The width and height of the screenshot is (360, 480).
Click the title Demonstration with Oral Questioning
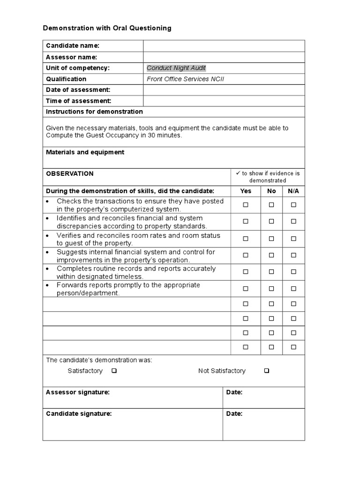coord(107,28)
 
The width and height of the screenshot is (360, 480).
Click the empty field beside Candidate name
coord(224,45)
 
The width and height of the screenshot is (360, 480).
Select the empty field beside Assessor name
coord(224,57)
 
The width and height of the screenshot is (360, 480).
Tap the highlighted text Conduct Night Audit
coord(176,68)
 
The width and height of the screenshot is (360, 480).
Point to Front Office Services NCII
coord(186,79)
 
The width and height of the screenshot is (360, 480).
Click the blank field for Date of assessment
coord(224,90)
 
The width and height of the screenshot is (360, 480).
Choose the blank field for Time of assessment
coord(224,101)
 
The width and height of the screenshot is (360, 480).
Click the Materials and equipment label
coord(85,152)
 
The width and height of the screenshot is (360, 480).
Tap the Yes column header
coord(246,191)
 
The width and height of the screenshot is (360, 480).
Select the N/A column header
coord(293,191)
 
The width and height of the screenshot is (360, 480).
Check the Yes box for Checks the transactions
coord(246,205)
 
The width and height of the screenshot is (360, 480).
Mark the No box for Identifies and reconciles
coord(271,222)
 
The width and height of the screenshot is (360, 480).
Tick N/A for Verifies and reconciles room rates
coord(293,239)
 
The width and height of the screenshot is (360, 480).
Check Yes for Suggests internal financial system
coord(246,255)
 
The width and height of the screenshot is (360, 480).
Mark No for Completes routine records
coord(271,272)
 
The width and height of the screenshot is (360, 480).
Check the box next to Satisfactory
coord(114,371)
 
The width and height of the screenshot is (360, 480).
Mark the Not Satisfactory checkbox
coord(266,371)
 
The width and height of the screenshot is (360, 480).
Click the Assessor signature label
coord(78,392)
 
